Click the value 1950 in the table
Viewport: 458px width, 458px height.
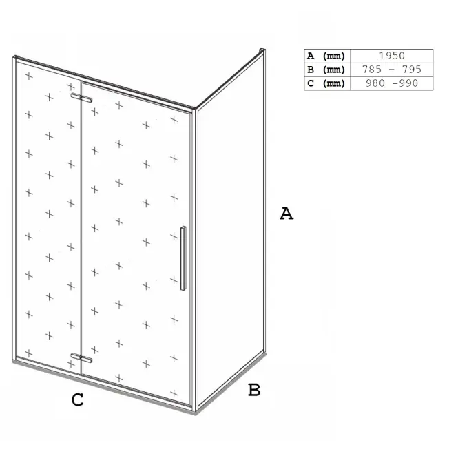[392, 56]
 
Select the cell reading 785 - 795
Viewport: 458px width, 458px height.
[392, 70]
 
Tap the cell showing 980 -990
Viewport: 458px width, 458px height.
[392, 83]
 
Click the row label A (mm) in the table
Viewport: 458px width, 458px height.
[326, 56]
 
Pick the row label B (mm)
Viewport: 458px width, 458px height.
[326, 70]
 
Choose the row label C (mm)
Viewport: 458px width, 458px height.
[326, 83]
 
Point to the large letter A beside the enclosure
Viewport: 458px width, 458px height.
[287, 214]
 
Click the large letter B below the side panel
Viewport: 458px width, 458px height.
[254, 390]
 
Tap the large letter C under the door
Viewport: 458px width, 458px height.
[77, 399]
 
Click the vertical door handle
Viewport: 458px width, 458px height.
[183, 258]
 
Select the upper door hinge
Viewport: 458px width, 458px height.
[81, 98]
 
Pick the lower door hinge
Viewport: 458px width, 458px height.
[81, 358]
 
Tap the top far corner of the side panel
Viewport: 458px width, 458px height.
[262, 50]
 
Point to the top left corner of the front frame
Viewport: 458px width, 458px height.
[14, 57]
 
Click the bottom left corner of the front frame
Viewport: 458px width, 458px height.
[14, 362]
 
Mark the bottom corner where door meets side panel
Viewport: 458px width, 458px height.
[195, 411]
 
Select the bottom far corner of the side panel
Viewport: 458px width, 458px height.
[264, 353]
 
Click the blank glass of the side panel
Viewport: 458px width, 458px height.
[231, 231]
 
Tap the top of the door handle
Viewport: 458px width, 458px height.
[183, 227]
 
